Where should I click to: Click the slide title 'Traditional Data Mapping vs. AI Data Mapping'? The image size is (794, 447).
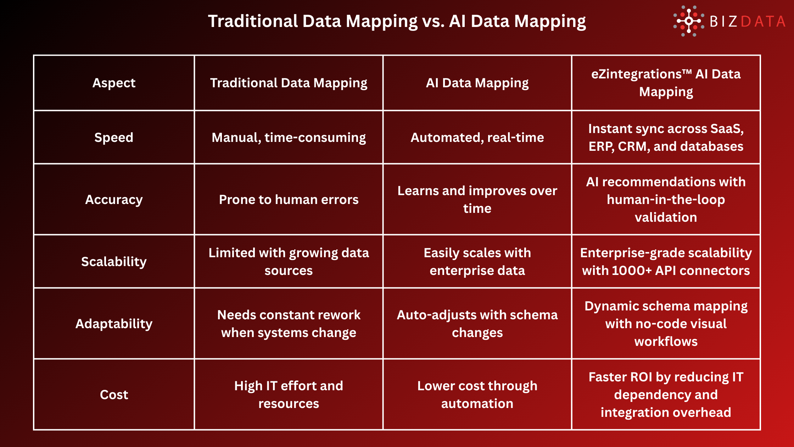pos(397,21)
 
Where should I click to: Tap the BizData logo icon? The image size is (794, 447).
pos(688,21)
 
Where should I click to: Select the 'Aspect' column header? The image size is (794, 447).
pos(114,83)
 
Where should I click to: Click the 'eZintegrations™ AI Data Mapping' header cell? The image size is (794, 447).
pos(666,83)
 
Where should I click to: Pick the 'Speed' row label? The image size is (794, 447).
pos(114,138)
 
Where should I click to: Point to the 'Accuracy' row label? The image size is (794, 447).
pos(114,200)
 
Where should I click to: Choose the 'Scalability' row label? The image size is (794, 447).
pos(114,262)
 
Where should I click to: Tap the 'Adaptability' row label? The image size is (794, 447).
pos(114,324)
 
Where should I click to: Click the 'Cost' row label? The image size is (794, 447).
pos(114,395)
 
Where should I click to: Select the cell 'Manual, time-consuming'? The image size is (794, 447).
pos(289,138)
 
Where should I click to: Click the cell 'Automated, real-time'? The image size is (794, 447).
pos(477,138)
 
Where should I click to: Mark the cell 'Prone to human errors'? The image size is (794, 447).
pos(289,200)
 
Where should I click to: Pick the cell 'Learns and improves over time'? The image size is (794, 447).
pos(477,200)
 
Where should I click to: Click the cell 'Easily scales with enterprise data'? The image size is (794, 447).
pos(477,262)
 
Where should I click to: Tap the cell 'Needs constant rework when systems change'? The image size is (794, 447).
pos(289,324)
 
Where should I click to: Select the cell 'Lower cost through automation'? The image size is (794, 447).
pos(477,395)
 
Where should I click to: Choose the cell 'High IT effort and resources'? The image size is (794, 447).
pos(289,395)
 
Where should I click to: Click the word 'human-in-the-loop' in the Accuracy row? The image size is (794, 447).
pos(666,200)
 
